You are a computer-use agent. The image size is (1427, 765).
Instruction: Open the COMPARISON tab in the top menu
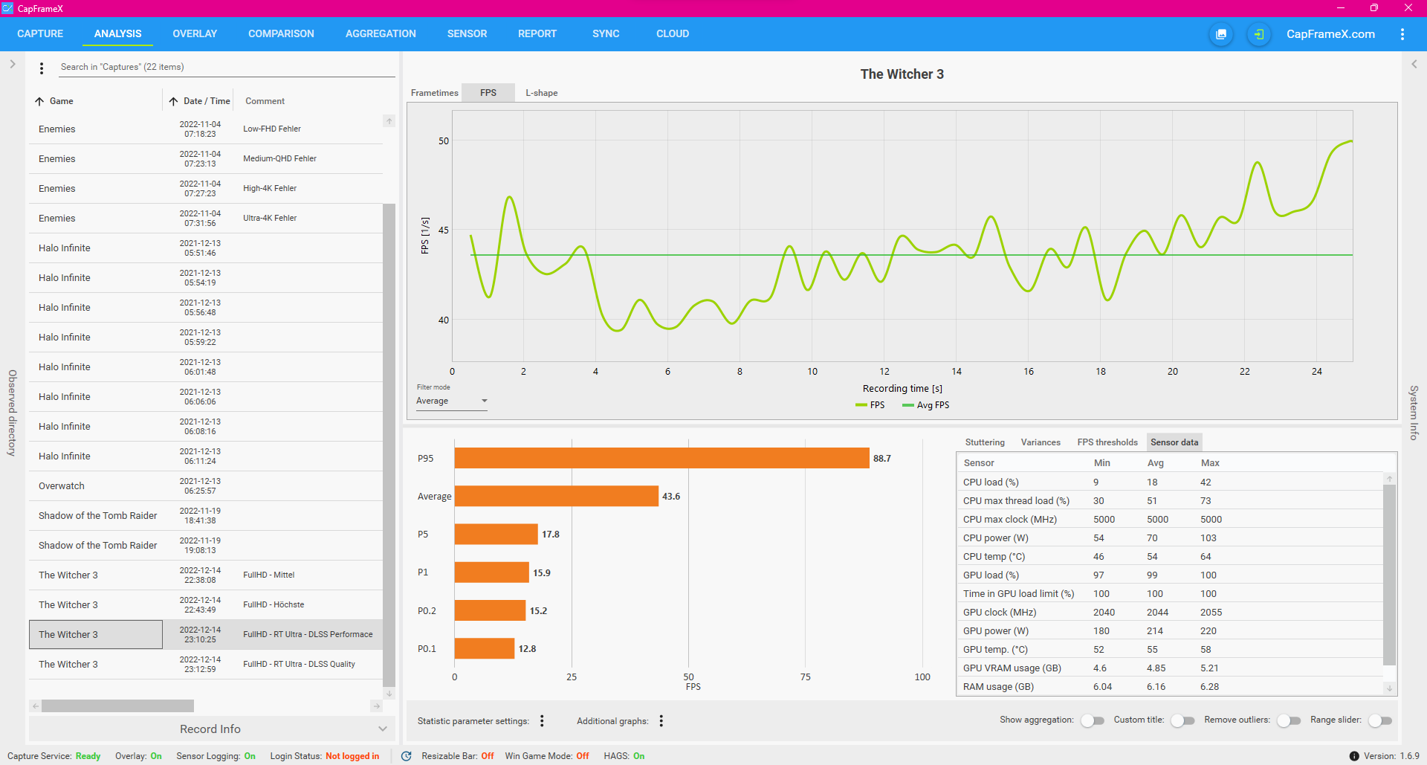point(281,34)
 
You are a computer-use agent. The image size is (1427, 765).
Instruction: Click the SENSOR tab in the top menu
point(467,34)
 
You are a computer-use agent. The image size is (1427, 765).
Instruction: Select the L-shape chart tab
point(541,93)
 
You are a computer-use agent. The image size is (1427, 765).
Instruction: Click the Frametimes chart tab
point(434,93)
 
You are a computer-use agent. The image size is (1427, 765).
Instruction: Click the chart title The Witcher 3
point(902,74)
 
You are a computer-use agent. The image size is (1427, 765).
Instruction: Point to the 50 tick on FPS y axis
point(444,141)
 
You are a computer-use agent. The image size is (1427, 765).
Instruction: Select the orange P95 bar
point(661,458)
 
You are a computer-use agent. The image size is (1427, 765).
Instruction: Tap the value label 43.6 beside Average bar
point(671,497)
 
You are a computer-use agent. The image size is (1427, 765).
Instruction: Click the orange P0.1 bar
point(484,648)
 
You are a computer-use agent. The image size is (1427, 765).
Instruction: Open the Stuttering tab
point(985,442)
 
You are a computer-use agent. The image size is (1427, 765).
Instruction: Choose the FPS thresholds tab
point(1107,442)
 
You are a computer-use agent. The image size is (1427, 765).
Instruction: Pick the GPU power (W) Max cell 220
point(1208,631)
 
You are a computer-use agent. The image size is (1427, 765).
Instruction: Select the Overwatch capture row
point(62,486)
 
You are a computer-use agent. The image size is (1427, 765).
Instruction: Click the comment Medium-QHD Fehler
point(279,159)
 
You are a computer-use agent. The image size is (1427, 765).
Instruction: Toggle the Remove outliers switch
point(1289,720)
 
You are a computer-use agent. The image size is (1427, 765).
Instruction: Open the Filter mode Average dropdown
point(452,401)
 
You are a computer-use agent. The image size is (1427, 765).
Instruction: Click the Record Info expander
point(210,729)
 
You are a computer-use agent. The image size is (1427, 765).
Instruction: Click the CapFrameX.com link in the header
point(1330,34)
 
